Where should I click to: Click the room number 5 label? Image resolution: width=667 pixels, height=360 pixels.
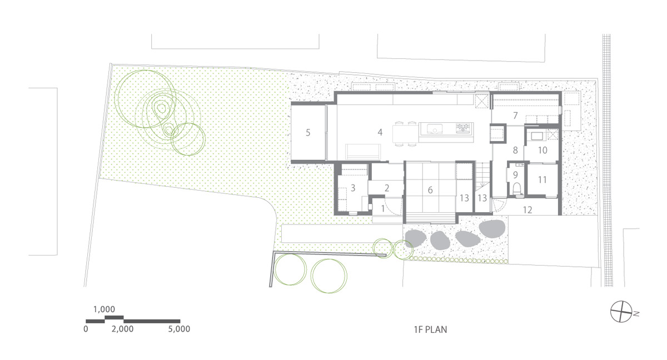pos(308,133)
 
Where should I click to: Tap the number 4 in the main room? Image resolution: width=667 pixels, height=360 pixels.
pos(380,132)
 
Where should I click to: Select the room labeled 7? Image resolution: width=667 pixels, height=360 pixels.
pos(515,116)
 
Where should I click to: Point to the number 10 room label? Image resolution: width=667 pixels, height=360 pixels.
pos(542,150)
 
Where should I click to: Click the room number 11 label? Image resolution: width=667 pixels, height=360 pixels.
pos(542,179)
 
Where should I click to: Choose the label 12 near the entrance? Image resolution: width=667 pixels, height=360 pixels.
pos(527,210)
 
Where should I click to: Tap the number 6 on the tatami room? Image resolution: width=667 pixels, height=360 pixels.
pos(430,190)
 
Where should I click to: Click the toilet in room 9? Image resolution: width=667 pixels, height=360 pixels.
pos(516,188)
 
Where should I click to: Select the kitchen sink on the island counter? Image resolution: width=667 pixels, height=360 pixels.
pos(435,129)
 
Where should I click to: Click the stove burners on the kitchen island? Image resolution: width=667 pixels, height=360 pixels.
pos(464,128)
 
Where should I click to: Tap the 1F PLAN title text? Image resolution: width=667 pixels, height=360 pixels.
pos(430,329)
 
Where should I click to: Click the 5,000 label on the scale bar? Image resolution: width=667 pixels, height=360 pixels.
pos(179,329)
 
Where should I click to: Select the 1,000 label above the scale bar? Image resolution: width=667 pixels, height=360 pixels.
pos(104,309)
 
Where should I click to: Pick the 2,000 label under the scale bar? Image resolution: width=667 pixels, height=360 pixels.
pos(122,329)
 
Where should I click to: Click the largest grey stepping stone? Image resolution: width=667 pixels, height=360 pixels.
pos(492,228)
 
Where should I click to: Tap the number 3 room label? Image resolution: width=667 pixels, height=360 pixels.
pos(353,188)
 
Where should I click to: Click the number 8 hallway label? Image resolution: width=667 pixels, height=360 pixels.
pos(515,150)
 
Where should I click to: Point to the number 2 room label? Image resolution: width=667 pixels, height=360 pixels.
pos(387,188)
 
